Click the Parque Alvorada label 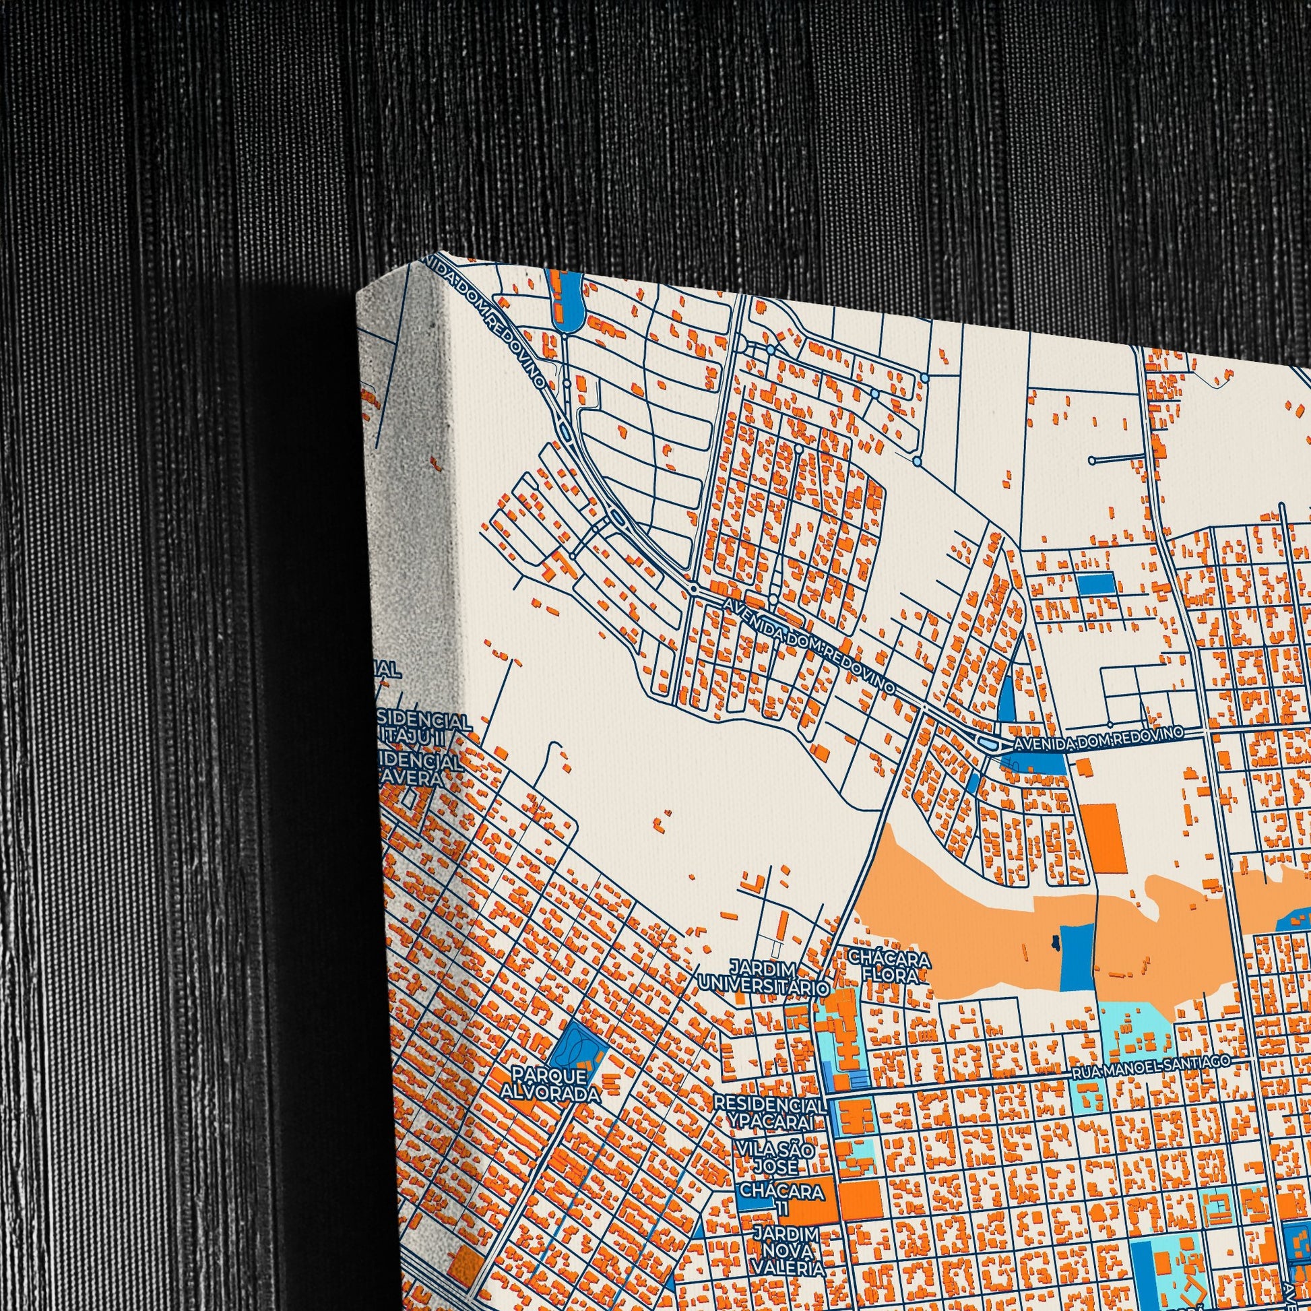[550, 1085]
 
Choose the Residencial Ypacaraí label [770, 1113]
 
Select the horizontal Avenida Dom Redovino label [1098, 740]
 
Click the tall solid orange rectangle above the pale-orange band [1104, 838]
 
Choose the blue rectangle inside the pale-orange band [1075, 956]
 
